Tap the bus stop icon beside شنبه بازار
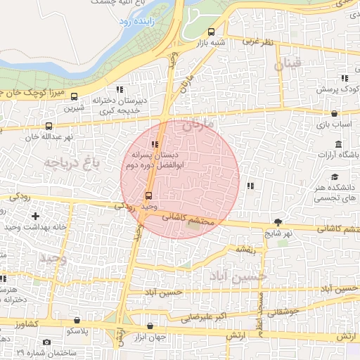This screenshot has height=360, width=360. point(212,32)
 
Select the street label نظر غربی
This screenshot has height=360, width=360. point(257,42)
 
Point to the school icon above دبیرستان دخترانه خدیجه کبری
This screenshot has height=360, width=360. point(120,89)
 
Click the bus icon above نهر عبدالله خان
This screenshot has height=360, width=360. point(48,126)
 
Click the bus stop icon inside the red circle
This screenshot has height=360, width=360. point(148,196)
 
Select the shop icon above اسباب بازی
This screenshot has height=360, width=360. point(334,113)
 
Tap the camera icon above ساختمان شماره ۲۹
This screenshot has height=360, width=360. point(46,342)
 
